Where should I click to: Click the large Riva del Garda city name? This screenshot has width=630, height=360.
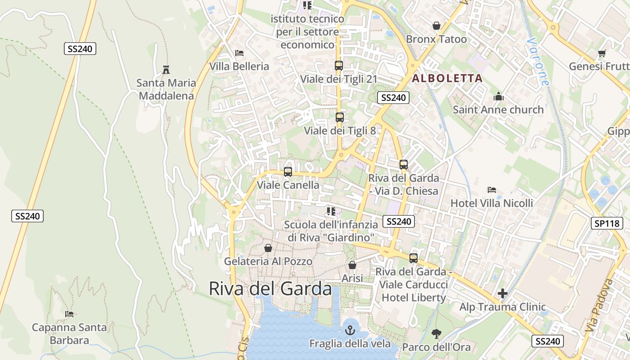[x=270, y=288]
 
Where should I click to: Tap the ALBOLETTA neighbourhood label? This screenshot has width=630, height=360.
[x=447, y=78]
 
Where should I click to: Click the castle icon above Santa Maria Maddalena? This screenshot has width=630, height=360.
[x=166, y=70]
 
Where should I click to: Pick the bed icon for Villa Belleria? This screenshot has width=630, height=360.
[x=239, y=53]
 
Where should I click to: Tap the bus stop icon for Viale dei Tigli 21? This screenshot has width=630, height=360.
[x=339, y=66]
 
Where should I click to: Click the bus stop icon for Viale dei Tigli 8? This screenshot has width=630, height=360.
[x=340, y=117]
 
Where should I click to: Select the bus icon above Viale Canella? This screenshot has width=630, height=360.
[x=288, y=172]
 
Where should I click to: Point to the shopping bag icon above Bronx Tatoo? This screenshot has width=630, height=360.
[x=436, y=26]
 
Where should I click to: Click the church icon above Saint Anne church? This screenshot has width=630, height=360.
[x=498, y=96]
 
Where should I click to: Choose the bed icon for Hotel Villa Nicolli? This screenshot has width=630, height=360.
[x=492, y=190]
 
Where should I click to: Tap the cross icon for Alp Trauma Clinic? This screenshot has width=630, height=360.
[x=503, y=294]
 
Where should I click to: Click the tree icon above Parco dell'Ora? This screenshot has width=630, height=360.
[x=436, y=334]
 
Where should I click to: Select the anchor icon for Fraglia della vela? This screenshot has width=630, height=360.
[x=350, y=331]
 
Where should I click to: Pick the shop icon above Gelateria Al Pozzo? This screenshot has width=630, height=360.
[x=268, y=248]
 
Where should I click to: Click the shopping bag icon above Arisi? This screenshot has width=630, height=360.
[x=352, y=265]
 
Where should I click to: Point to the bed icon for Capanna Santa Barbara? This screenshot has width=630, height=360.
[x=69, y=314]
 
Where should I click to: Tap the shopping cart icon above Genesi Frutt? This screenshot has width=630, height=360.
[x=602, y=53]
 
